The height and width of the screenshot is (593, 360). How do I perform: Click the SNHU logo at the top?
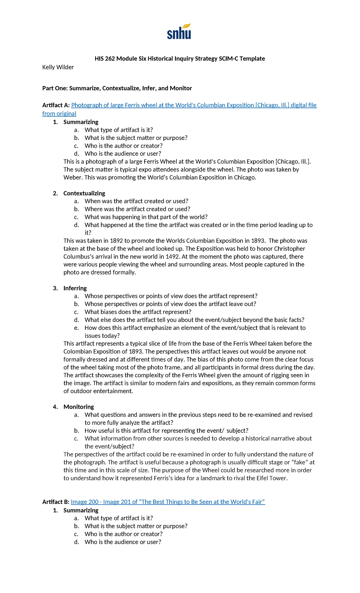[x=179, y=32]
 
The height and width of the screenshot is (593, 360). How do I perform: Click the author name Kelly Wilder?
[x=58, y=67]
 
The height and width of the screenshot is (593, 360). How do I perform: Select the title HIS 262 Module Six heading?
[x=180, y=59]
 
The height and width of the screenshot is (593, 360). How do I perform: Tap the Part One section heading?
[x=117, y=88]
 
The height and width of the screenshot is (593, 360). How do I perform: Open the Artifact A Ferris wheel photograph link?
[x=194, y=105]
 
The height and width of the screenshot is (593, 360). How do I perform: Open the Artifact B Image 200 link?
[x=168, y=502]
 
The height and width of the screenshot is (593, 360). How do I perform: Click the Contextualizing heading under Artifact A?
[x=84, y=193]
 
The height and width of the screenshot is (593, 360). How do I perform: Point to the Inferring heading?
[x=75, y=288]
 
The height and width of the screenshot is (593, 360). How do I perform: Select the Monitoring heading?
[x=79, y=407]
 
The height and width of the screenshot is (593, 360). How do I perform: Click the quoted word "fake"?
[x=299, y=462]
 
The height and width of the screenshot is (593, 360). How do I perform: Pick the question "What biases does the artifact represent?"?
[x=138, y=312]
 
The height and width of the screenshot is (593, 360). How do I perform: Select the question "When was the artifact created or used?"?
[x=136, y=201]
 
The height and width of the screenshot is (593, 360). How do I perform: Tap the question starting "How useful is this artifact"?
[x=166, y=431]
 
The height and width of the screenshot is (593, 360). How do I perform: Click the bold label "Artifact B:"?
[x=56, y=502]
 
